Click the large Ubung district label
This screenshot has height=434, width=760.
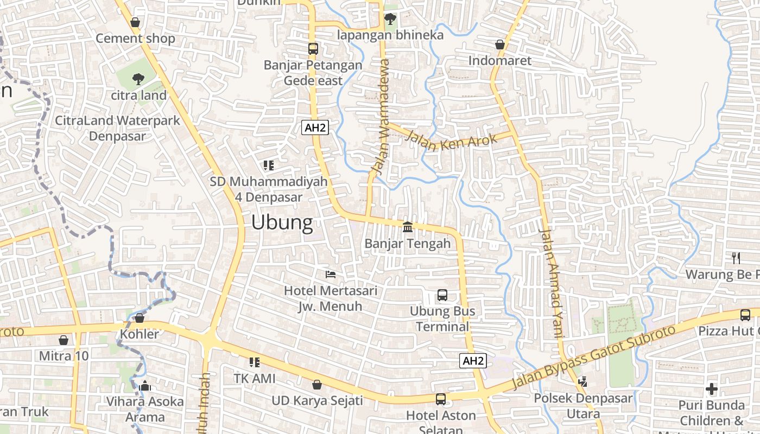(282, 222)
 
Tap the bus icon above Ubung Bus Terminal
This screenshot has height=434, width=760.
(442, 295)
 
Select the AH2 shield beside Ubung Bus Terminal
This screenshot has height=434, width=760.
(472, 361)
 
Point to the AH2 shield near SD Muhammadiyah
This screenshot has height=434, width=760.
(315, 127)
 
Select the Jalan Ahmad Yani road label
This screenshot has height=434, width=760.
(552, 283)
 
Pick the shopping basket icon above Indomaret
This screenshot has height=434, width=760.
(500, 44)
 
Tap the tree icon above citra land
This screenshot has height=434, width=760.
(138, 79)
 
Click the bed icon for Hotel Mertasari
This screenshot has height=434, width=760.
(330, 275)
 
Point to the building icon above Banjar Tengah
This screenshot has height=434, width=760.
(408, 226)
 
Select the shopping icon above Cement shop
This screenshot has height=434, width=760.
(135, 22)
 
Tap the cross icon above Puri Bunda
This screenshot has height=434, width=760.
(712, 389)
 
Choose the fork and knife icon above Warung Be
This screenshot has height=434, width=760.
(736, 258)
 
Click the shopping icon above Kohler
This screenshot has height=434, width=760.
(140, 318)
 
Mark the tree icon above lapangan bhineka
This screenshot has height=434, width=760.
(390, 20)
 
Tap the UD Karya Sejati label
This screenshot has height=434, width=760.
(317, 401)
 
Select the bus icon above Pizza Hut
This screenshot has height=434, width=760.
(745, 315)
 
